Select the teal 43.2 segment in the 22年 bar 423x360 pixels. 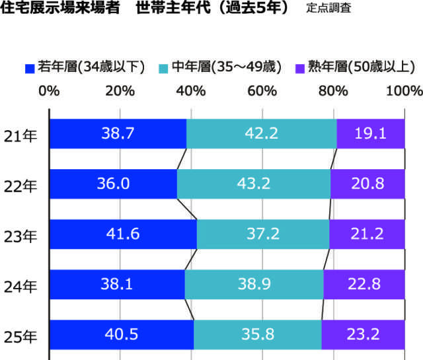click(254, 184)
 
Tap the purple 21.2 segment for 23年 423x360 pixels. click(367, 234)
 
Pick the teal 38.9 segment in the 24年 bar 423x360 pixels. click(254, 284)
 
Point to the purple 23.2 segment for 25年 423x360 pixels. click(363, 334)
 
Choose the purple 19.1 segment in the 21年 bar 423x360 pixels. click(371, 133)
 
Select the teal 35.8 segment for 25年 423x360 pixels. click(258, 334)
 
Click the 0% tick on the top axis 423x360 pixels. click(50, 90)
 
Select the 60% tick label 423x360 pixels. click(262, 90)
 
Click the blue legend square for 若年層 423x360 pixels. click(29, 67)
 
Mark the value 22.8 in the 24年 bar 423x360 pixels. click(365, 284)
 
